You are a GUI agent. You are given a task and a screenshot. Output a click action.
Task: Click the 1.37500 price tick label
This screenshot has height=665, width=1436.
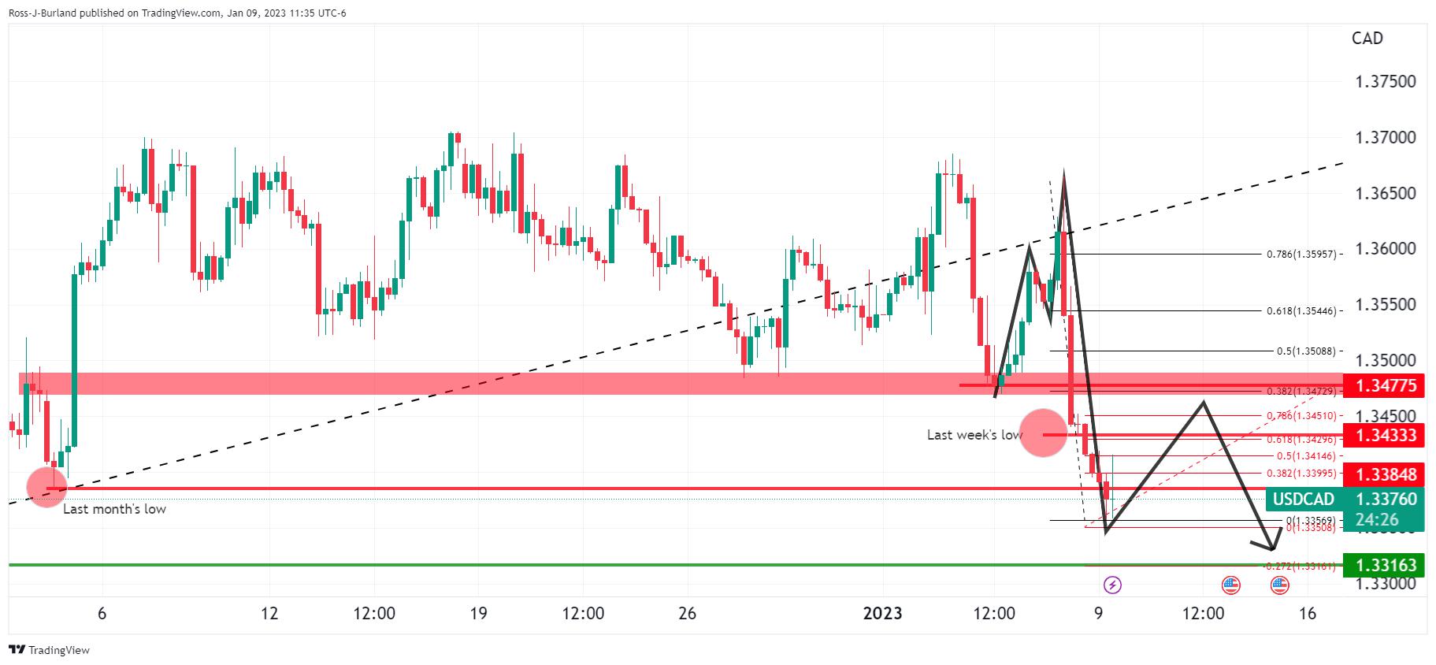pyautogui.click(x=1385, y=82)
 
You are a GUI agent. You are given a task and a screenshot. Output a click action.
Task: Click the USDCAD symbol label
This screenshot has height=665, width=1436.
pyautogui.click(x=1304, y=499)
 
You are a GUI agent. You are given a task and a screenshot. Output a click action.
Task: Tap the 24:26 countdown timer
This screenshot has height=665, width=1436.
pyautogui.click(x=1377, y=519)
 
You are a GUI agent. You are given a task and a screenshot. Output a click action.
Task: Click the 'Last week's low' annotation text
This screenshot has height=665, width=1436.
pyautogui.click(x=974, y=435)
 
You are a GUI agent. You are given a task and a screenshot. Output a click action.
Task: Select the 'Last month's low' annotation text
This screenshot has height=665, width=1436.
pyautogui.click(x=114, y=509)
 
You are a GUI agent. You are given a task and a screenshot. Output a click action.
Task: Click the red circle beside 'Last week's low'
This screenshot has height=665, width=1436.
pyautogui.click(x=1043, y=433)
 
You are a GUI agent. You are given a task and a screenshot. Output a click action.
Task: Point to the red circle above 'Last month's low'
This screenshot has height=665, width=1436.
pyautogui.click(x=47, y=486)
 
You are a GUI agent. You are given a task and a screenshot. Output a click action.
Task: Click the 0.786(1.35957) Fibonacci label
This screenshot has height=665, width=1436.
pyautogui.click(x=1301, y=254)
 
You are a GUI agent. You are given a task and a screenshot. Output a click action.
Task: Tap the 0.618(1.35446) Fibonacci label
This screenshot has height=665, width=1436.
pyautogui.click(x=1301, y=311)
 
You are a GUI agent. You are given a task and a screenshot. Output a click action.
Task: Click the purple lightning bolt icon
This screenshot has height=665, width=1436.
pyautogui.click(x=1112, y=585)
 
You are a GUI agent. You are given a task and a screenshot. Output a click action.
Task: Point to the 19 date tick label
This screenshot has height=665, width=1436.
pyautogui.click(x=478, y=613)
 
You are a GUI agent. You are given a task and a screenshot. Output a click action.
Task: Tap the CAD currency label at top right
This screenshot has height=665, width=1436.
pyautogui.click(x=1367, y=39)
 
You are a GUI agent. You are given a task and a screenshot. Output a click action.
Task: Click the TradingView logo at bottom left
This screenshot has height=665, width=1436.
pyautogui.click(x=49, y=650)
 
